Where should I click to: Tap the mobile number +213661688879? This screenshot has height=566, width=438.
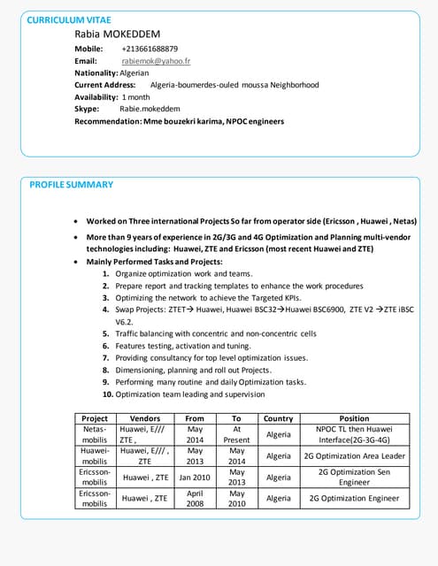point(150,49)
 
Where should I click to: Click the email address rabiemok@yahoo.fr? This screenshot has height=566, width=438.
point(156,61)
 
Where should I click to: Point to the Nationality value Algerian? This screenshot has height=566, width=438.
point(134,73)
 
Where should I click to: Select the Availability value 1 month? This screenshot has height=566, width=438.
point(135,96)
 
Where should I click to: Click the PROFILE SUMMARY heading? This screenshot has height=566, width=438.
point(72,185)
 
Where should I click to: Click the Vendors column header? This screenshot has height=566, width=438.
point(145,418)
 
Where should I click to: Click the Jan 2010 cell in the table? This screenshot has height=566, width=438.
point(196,478)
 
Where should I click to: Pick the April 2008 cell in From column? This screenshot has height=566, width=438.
point(196,499)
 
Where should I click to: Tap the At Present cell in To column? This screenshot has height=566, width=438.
point(236,434)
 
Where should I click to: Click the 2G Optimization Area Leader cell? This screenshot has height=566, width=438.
point(354,456)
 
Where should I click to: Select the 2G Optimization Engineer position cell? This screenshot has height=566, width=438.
point(354,499)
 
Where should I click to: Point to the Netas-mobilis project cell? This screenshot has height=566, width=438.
point(95,434)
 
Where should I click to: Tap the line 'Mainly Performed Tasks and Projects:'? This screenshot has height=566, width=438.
point(154,262)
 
